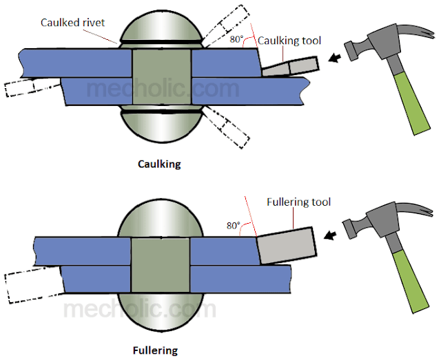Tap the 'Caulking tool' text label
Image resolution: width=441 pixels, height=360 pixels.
tap(289, 41)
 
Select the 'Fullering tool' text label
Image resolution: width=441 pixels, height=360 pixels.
tap(298, 202)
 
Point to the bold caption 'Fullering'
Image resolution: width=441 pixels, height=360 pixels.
tap(158, 350)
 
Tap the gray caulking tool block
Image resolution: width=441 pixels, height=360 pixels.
tap(289, 67)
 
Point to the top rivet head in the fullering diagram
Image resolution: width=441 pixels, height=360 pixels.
tap(160, 217)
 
